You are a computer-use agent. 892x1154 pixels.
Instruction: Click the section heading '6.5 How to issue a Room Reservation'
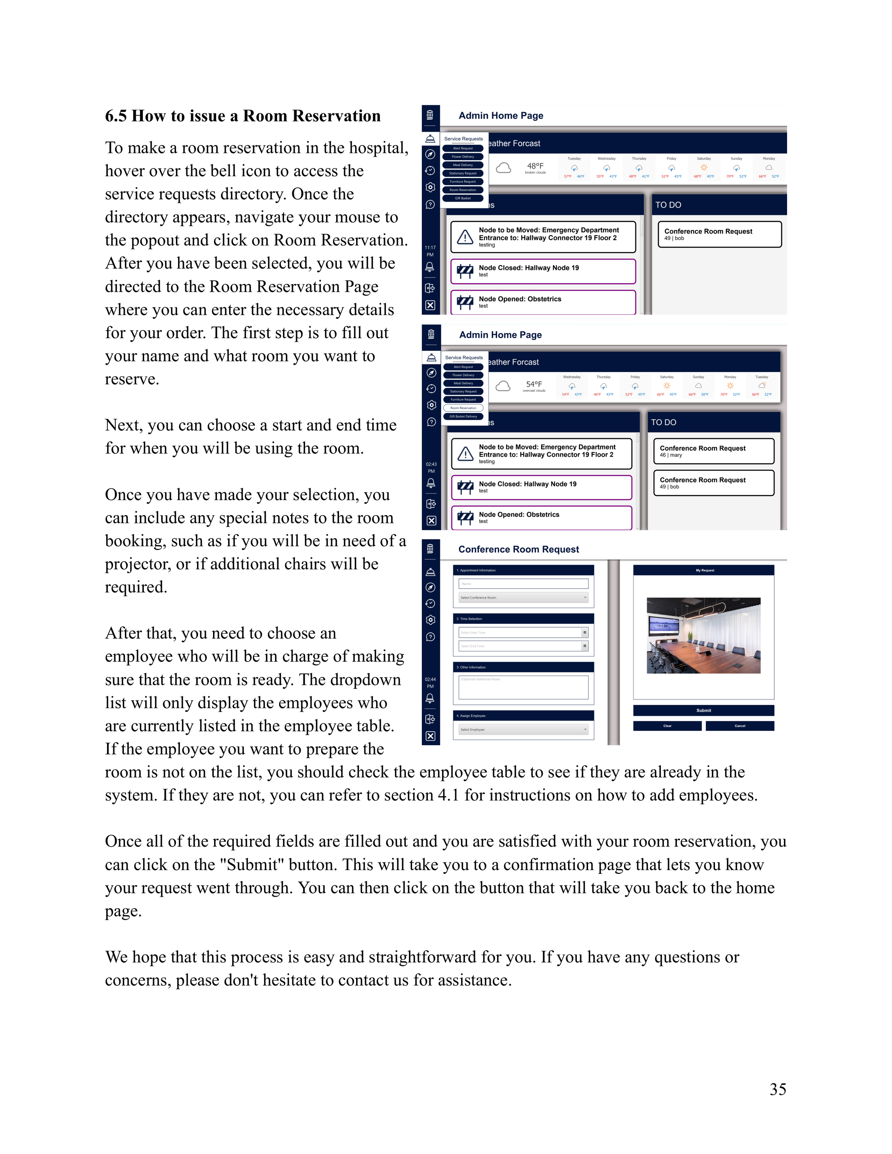[x=243, y=116]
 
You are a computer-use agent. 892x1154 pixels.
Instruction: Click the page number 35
[x=777, y=1089]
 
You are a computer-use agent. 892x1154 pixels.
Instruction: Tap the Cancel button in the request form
[x=739, y=726]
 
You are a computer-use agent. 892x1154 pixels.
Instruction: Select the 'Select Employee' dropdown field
[x=523, y=730]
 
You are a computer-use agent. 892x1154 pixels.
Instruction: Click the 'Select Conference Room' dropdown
[x=523, y=598]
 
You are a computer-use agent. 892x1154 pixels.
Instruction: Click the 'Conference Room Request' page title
[x=518, y=549]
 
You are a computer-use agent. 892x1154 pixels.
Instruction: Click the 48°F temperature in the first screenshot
[x=535, y=166]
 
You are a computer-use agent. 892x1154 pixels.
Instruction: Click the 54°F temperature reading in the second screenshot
[x=534, y=384]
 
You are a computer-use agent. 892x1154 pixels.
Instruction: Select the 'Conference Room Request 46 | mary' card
[x=713, y=451]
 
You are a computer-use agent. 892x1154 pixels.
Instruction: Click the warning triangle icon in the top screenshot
[x=465, y=237]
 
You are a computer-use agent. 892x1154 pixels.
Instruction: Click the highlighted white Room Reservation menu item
[x=463, y=408]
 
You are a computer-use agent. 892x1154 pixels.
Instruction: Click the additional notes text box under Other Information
[x=523, y=687]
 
